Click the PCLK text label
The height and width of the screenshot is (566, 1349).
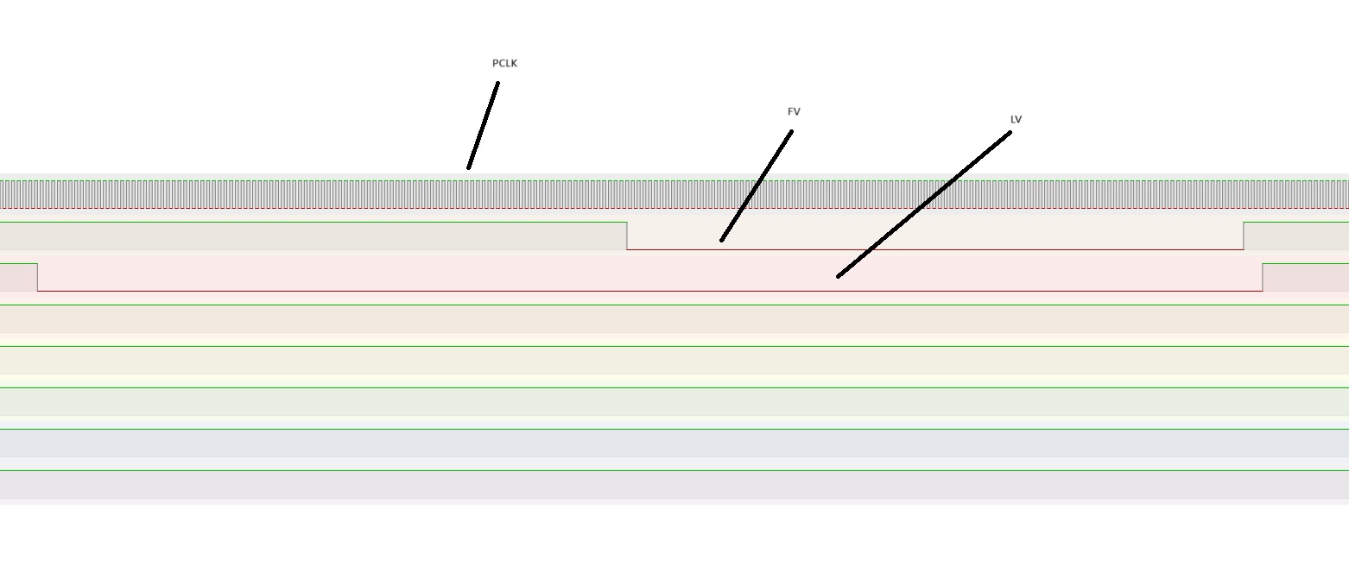click(x=504, y=63)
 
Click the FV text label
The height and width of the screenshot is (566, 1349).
click(x=794, y=111)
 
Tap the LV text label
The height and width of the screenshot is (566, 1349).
click(x=1016, y=119)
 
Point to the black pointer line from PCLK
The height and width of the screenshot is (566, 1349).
click(x=483, y=125)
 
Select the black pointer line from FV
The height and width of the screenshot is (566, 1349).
click(x=757, y=186)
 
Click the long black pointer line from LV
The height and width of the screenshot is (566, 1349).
click(x=924, y=204)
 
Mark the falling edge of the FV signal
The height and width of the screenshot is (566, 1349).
click(x=627, y=236)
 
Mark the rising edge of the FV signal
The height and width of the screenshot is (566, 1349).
click(x=1244, y=236)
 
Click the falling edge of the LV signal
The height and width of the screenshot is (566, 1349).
click(x=38, y=277)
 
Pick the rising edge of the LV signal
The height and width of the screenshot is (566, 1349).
click(x=1263, y=277)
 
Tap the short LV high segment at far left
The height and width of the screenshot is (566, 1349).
click(x=18, y=264)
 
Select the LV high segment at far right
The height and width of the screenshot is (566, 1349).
click(x=1305, y=264)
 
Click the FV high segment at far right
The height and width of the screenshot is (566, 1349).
click(x=1295, y=223)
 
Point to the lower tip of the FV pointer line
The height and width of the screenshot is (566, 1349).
click(x=722, y=240)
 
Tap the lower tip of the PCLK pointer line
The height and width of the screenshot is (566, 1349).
click(x=469, y=167)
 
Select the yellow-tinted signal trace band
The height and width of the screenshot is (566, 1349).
click(x=674, y=360)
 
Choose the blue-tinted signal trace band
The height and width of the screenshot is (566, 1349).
click(x=674, y=443)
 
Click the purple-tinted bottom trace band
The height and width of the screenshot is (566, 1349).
click(x=674, y=484)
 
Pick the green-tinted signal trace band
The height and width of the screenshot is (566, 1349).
click(x=674, y=401)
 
